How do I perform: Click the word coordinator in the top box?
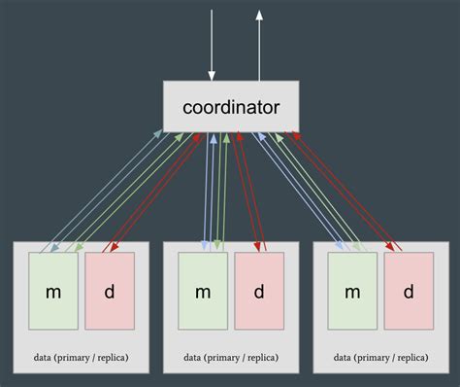[230, 106]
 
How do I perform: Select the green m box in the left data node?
[53, 291]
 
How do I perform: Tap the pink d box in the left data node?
[110, 291]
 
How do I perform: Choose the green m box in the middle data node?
[203, 291]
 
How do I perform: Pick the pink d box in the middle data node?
[259, 291]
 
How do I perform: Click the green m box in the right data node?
[352, 291]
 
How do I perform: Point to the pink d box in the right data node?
[409, 291]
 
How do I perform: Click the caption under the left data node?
[81, 358]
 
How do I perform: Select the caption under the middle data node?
[231, 358]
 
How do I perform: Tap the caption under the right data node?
[380, 358]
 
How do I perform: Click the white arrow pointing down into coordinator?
[212, 44]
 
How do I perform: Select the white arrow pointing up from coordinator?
[259, 44]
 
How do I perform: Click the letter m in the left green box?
[53, 292]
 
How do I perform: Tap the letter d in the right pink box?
[409, 291]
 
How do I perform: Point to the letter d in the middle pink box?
[259, 291]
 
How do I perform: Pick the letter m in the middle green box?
[203, 292]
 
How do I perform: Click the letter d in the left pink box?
[110, 291]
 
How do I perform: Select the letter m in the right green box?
[352, 292]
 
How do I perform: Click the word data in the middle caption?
[193, 358]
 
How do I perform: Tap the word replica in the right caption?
[407, 358]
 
